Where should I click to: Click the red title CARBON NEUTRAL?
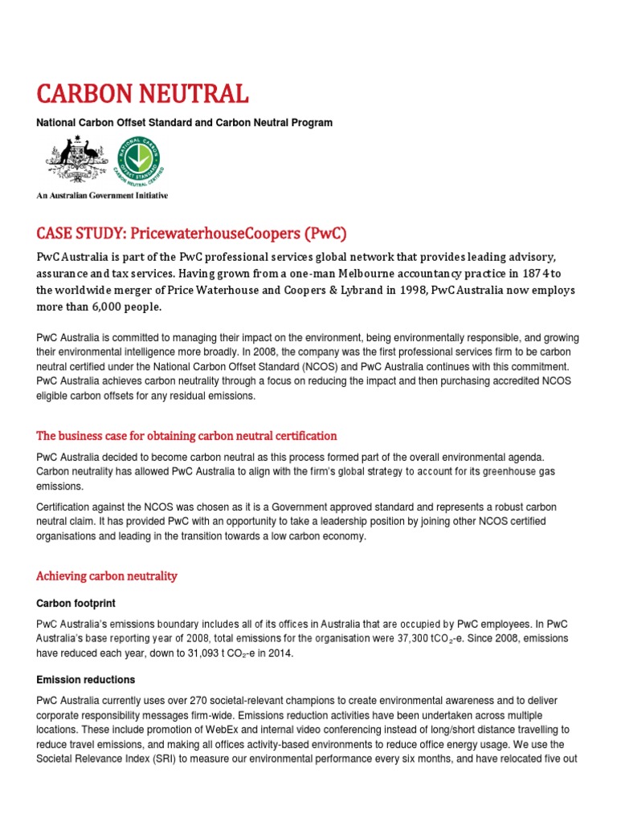pos(142,94)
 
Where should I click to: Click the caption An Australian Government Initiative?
pos(102,195)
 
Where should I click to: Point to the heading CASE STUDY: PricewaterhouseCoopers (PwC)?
pos(191,234)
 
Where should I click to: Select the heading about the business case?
pos(186,436)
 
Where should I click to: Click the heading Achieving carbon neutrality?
pos(107,576)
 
